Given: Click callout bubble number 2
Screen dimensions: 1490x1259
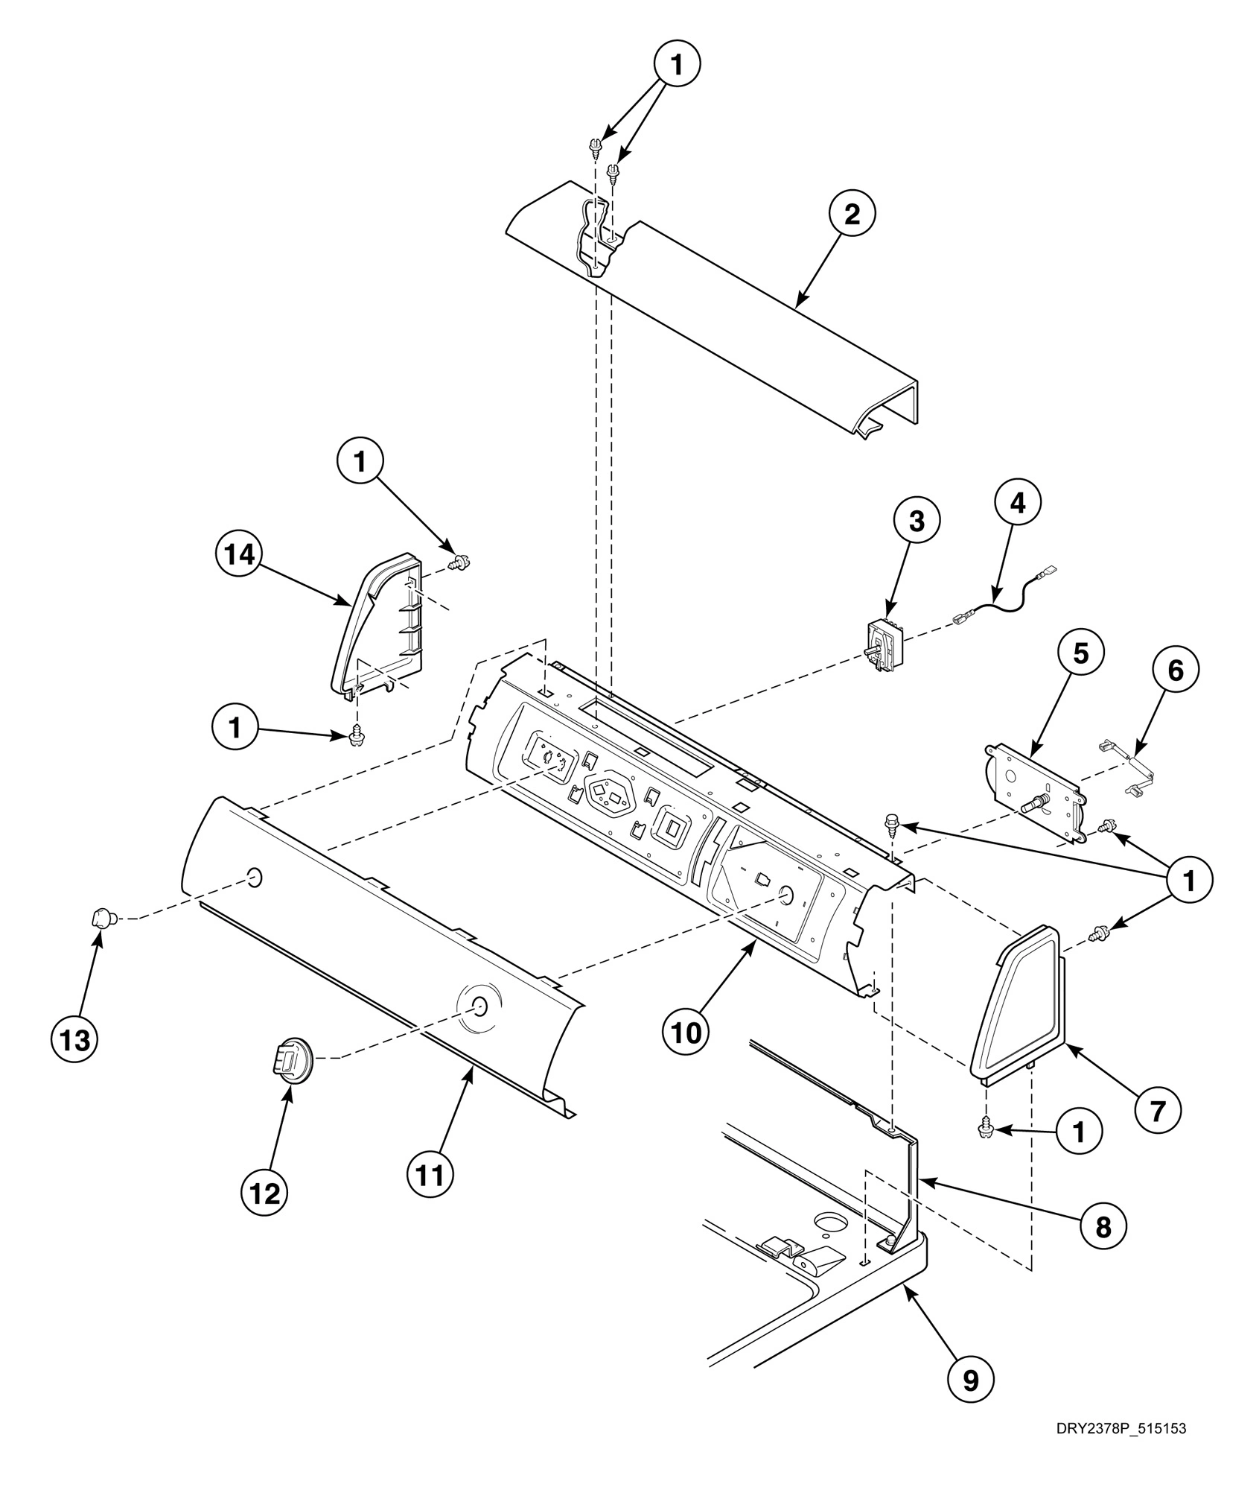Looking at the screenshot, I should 852,214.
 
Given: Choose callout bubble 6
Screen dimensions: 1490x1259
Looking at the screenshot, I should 1175,671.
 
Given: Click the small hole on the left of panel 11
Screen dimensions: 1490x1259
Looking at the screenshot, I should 254,878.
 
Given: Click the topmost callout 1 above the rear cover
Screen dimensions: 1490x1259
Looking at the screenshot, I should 676,65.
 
